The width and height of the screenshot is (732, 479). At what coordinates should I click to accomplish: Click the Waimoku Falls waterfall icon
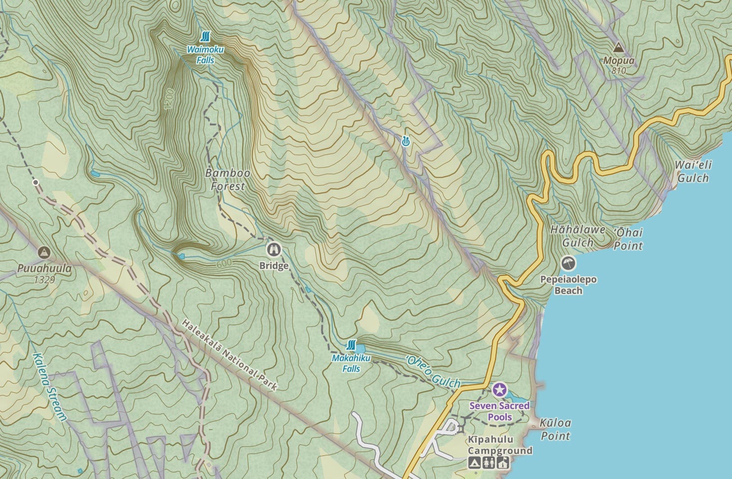pos(206,36)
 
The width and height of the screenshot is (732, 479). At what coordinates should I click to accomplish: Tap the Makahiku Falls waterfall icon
pos(352,345)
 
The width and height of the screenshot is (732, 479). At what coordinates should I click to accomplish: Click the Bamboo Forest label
pos(228,180)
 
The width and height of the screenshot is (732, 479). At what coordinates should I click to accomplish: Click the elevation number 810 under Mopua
pos(619,71)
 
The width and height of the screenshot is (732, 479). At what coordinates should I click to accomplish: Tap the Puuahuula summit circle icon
pos(44,253)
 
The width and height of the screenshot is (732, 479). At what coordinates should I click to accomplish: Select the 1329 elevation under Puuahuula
pos(44,280)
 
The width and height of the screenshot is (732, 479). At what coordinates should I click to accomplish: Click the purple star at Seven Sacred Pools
pos(500,390)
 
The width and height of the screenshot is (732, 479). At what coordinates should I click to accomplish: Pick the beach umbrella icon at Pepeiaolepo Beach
pos(568,263)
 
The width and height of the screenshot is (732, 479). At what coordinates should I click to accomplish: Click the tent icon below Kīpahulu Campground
pos(473,462)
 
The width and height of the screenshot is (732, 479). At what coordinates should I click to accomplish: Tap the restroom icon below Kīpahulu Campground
pos(488,462)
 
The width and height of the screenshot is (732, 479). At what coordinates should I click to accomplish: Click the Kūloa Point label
pos(555,429)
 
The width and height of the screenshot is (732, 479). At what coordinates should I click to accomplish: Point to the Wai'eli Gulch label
pos(693,171)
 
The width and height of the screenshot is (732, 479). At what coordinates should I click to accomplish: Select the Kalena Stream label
pos(49,387)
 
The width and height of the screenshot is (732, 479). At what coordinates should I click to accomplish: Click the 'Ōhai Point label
pos(628,239)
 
